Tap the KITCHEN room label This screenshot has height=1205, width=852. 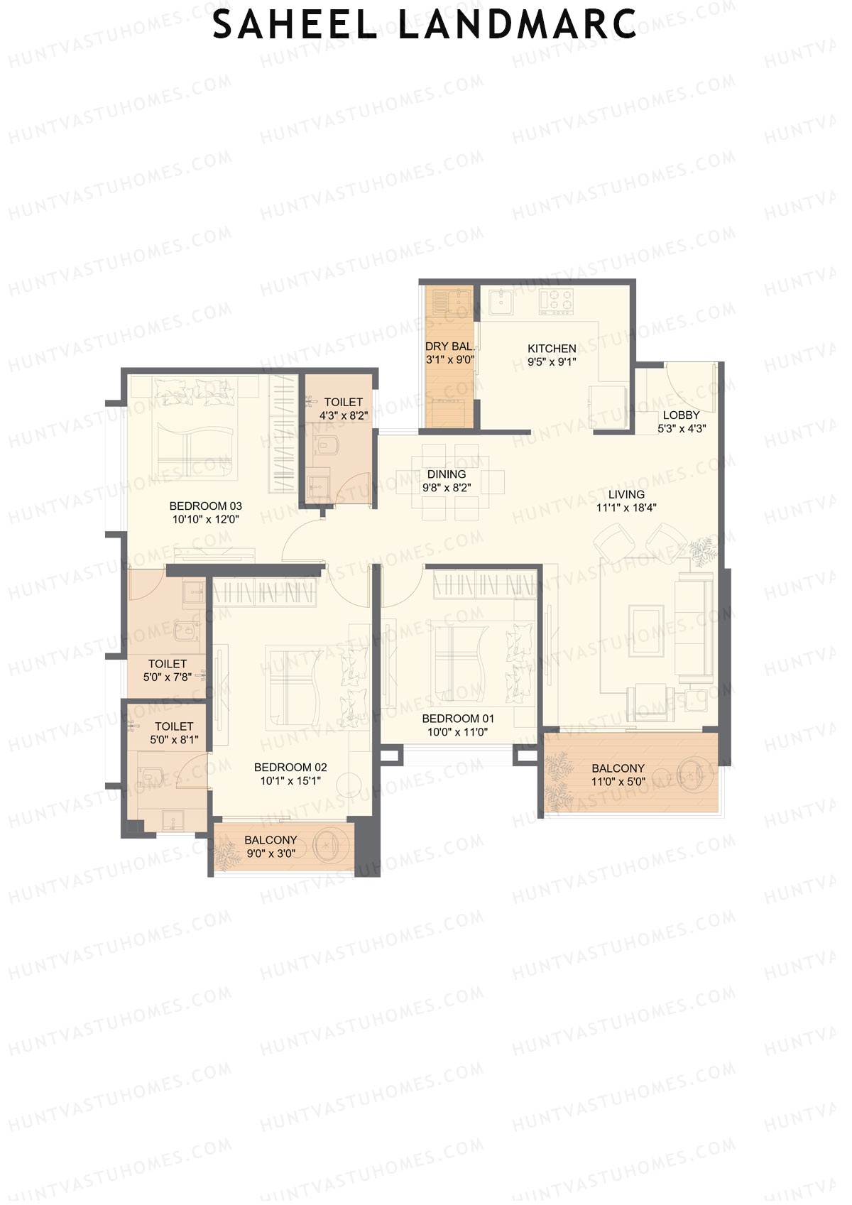(552, 349)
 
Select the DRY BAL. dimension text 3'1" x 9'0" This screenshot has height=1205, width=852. (449, 361)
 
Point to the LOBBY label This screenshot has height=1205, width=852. (681, 415)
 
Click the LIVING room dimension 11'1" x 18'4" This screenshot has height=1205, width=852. (626, 508)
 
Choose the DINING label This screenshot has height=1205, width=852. (447, 474)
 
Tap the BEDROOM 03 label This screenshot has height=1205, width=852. (205, 506)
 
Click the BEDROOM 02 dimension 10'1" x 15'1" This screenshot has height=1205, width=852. (290, 781)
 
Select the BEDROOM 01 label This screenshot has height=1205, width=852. (458, 719)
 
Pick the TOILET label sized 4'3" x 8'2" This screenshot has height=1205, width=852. (344, 403)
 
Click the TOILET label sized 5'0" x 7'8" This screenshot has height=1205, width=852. (168, 664)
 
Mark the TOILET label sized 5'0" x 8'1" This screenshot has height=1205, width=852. (174, 726)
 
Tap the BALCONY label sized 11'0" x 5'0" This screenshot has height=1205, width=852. (618, 768)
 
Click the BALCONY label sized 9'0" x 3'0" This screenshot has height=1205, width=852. (271, 840)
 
